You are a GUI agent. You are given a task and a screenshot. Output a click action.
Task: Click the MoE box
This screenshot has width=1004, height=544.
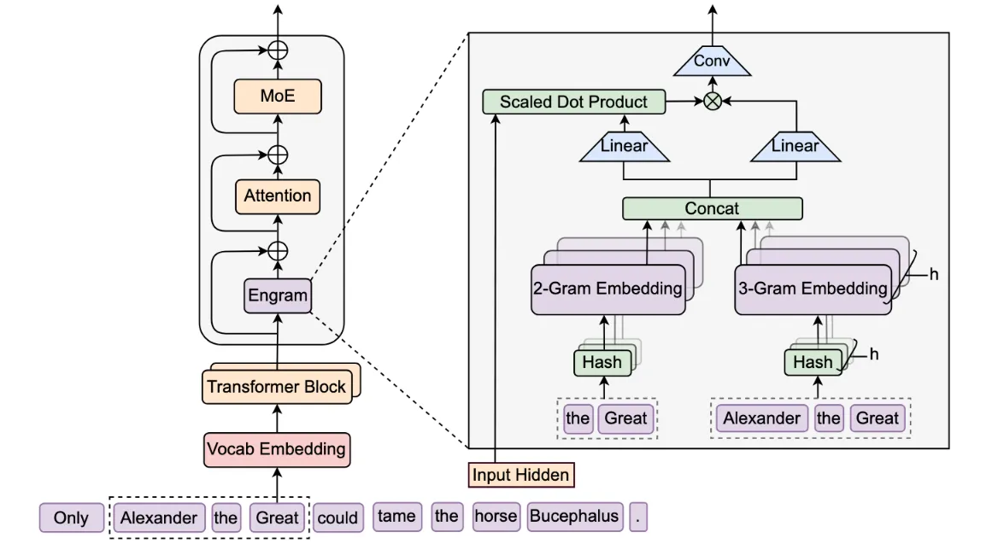tap(278, 97)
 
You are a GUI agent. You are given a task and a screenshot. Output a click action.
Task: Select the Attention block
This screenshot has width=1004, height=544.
tap(278, 196)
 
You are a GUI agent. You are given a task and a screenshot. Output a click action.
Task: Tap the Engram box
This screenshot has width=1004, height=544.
tap(278, 296)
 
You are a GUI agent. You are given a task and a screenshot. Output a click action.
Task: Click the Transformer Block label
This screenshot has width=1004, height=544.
tap(276, 387)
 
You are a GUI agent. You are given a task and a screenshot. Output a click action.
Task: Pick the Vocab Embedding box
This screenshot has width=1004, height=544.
tap(277, 449)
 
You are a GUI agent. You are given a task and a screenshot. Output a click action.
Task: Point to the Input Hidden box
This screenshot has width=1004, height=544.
tap(521, 474)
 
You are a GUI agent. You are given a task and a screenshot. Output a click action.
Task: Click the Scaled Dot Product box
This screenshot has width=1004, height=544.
tap(573, 102)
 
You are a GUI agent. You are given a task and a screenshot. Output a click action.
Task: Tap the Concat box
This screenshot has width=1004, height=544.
tap(712, 208)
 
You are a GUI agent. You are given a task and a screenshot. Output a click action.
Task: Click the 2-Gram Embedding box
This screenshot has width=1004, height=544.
tap(608, 289)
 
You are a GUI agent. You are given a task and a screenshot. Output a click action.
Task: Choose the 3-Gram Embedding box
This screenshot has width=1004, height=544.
tap(812, 289)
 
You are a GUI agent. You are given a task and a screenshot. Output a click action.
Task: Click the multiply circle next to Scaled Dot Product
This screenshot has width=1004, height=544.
tap(712, 102)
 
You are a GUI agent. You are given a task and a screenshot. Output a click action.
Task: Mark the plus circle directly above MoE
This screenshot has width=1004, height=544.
tap(278, 50)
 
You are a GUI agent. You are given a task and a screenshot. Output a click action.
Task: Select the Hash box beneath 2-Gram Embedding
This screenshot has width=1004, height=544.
tap(602, 362)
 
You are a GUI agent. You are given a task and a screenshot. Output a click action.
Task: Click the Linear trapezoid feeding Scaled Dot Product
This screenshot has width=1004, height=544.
tap(624, 147)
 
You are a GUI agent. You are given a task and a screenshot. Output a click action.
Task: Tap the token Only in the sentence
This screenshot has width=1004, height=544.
tap(71, 518)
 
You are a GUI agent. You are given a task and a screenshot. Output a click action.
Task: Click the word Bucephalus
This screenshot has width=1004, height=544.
tap(574, 517)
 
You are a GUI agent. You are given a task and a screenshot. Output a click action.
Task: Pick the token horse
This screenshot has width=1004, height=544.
tap(496, 517)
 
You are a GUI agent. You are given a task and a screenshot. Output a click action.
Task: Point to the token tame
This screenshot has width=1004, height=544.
tap(396, 517)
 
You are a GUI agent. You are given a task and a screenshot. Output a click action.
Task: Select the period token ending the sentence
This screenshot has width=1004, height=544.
tap(637, 518)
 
